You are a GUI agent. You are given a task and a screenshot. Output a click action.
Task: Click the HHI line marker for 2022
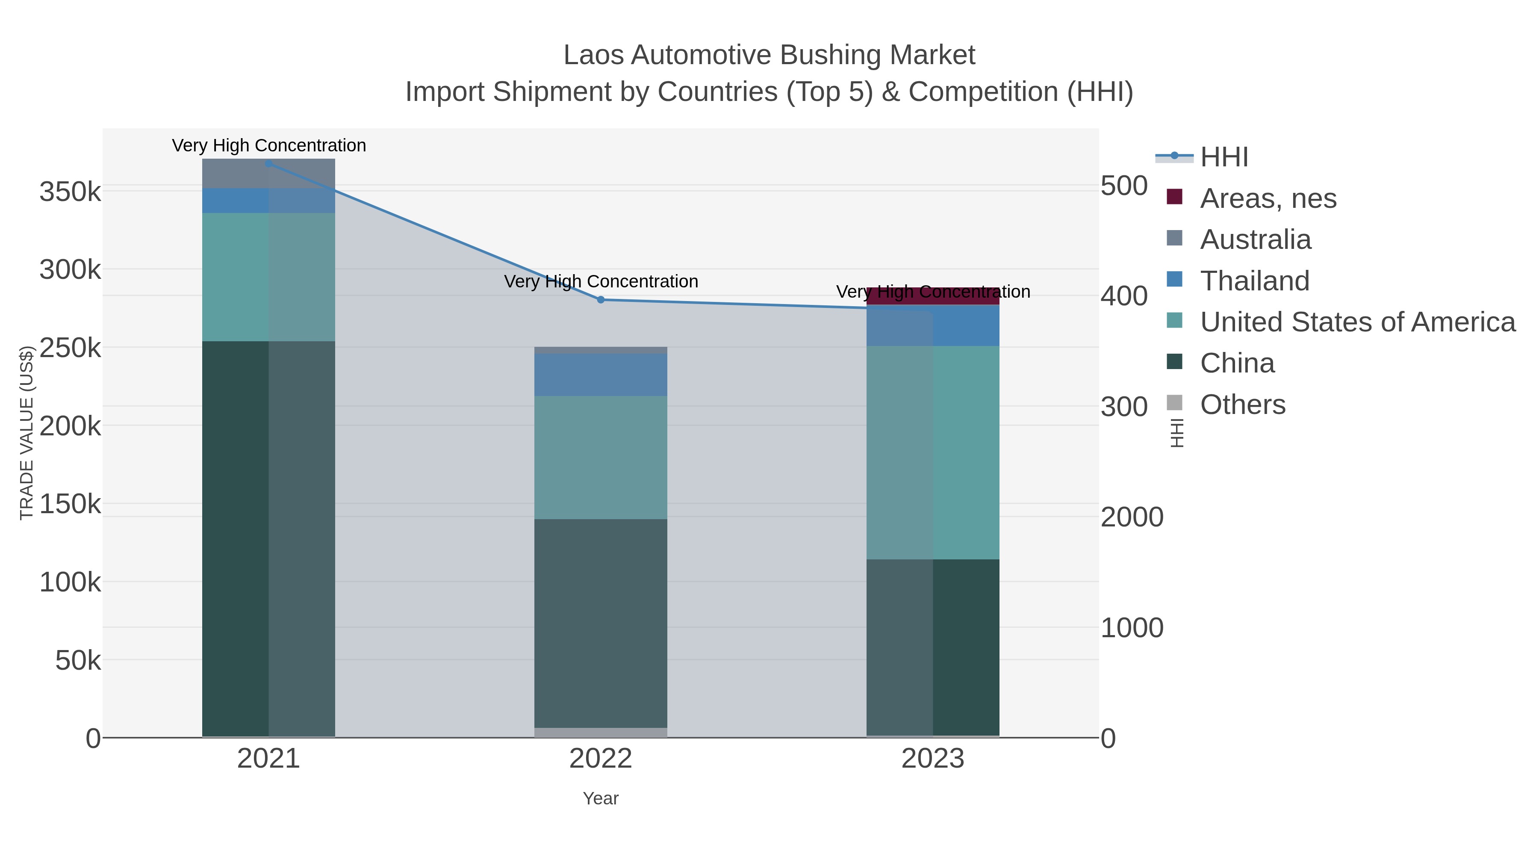[601, 299]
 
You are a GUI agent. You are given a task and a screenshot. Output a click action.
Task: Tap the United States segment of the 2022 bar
[601, 457]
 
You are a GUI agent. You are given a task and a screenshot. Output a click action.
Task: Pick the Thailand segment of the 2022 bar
[601, 374]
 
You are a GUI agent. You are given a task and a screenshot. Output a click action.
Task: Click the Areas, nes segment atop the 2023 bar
[933, 296]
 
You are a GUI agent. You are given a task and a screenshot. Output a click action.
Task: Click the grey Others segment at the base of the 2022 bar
[601, 732]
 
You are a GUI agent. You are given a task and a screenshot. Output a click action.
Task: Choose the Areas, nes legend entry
[1268, 198]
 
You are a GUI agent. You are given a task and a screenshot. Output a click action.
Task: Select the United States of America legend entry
[1357, 322]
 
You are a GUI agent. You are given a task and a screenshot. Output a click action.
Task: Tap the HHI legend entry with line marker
[1224, 157]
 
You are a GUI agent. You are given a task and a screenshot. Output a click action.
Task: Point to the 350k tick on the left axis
[70, 192]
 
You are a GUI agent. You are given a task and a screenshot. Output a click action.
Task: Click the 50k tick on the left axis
[78, 660]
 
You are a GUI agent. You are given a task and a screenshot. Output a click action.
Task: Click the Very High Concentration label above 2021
[269, 145]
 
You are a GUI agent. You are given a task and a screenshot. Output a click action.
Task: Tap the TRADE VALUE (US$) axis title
[27, 433]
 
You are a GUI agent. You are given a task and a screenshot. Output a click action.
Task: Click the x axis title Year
[601, 798]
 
